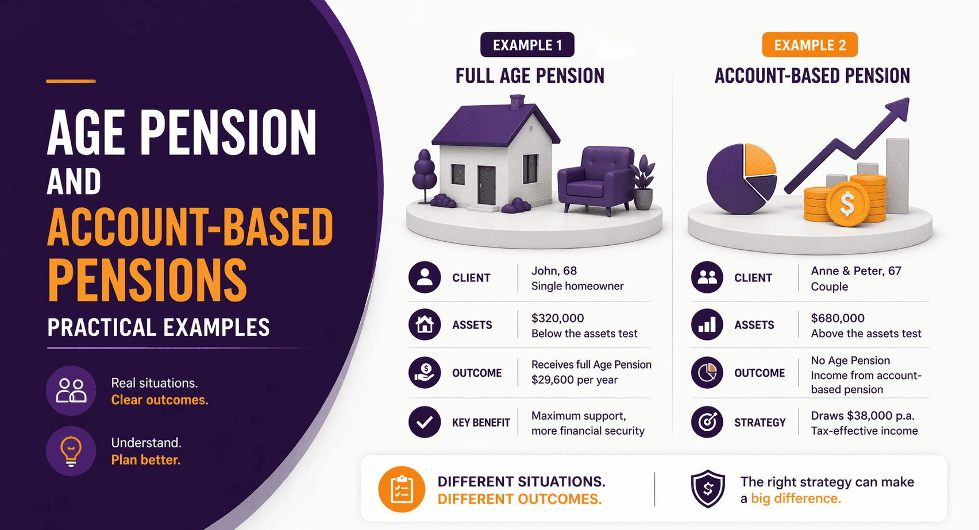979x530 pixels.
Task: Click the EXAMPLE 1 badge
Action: pyautogui.click(x=527, y=45)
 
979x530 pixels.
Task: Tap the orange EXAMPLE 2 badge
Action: pyautogui.click(x=810, y=45)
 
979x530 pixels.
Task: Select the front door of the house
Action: pyautogui.click(x=486, y=185)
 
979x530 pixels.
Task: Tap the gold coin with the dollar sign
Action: pyautogui.click(x=847, y=204)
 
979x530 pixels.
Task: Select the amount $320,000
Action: pyautogui.click(x=557, y=318)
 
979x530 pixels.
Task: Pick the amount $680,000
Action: pyautogui.click(x=838, y=318)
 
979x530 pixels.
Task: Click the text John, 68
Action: pyautogui.click(x=554, y=270)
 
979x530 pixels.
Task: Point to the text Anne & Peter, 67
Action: pyautogui.click(x=856, y=270)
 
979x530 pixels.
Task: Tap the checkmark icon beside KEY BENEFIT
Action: pyautogui.click(x=425, y=422)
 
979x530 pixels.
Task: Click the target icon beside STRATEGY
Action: pyautogui.click(x=707, y=422)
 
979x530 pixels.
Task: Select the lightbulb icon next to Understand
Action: pyautogui.click(x=71, y=451)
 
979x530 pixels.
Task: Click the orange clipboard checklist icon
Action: pyautogui.click(x=402, y=490)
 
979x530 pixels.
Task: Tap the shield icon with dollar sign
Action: pyautogui.click(x=708, y=489)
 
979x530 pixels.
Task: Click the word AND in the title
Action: pyautogui.click(x=74, y=182)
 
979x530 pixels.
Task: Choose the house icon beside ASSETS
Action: pyautogui.click(x=425, y=324)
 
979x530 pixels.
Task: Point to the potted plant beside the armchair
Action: pyautogui.click(x=644, y=181)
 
